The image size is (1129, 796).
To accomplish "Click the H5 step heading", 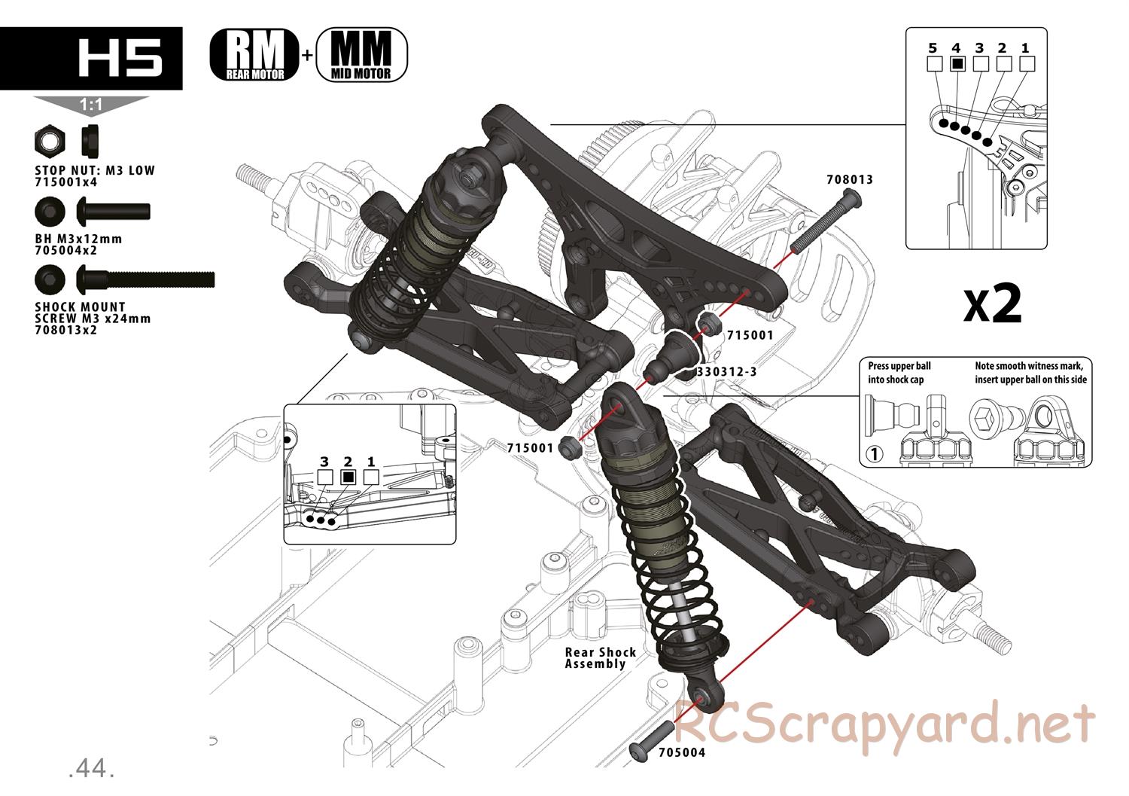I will tap(120, 59).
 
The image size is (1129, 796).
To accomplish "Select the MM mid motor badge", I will tap(361, 54).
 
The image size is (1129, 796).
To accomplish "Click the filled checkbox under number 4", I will tap(956, 63).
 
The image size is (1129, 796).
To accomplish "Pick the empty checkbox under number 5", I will tap(933, 63).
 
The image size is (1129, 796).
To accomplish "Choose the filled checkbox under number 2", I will tap(348, 477).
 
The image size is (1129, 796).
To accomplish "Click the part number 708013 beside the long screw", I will tap(850, 180).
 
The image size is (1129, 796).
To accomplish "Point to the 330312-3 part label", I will tap(728, 371).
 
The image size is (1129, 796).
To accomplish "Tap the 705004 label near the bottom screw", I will tap(682, 752).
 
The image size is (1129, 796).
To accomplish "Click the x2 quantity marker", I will tap(993, 303).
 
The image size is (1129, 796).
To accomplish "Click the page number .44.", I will tap(90, 768).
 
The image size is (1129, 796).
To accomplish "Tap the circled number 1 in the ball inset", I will tap(874, 455).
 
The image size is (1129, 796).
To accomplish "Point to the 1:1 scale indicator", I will tap(91, 106).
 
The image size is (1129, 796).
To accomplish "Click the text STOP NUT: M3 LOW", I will tap(95, 170).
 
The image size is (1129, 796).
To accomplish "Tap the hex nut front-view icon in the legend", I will tap(50, 141).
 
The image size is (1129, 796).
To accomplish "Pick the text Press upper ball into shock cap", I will tap(899, 373).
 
